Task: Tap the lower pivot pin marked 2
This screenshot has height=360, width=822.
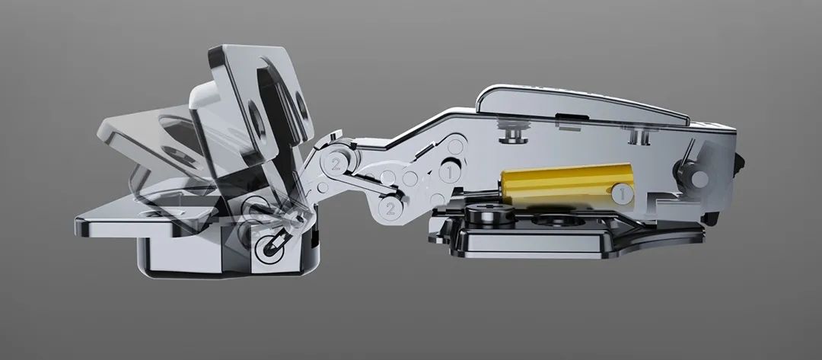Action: tap(390, 209)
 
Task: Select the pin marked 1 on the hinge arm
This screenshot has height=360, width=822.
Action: tap(450, 172)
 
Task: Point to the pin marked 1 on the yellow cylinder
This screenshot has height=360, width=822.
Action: tap(623, 194)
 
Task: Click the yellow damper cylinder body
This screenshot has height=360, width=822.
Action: tap(567, 186)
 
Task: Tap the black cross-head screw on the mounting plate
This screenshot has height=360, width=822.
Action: tap(491, 214)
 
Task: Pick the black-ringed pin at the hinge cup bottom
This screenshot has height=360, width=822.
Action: tap(269, 247)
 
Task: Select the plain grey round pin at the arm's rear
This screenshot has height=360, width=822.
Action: tap(699, 179)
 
